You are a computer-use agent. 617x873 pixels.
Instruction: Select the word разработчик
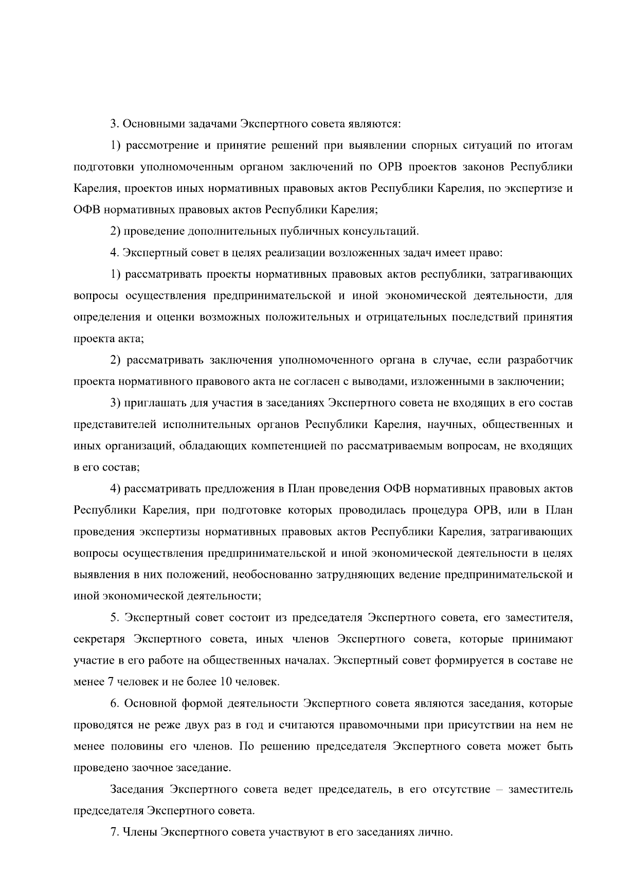tap(540, 360)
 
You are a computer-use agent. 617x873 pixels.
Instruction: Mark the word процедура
tap(435, 511)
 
